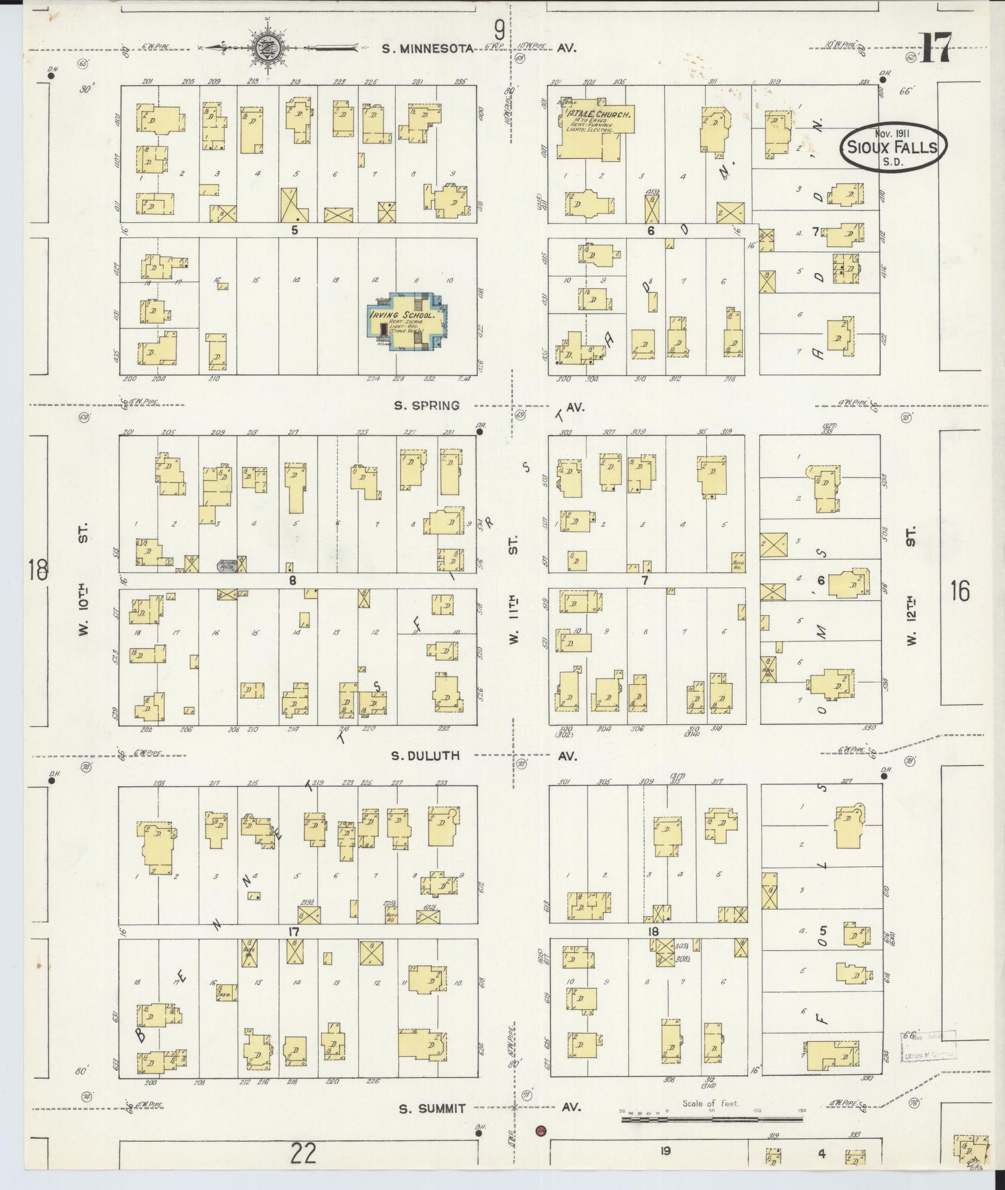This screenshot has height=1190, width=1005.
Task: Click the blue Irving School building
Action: (x=404, y=321)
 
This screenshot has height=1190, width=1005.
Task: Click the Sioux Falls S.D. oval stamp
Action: (x=892, y=147)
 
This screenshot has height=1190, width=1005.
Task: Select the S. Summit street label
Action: (x=431, y=1108)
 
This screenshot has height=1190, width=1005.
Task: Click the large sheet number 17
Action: (x=935, y=49)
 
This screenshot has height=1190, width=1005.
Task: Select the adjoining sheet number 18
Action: (x=36, y=569)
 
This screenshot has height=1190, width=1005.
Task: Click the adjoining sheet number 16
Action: (x=960, y=591)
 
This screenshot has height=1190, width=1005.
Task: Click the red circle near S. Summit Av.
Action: (x=541, y=1129)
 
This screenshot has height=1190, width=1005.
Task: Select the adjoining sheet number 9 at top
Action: (x=499, y=28)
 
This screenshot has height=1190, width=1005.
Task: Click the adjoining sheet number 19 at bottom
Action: (x=665, y=1150)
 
